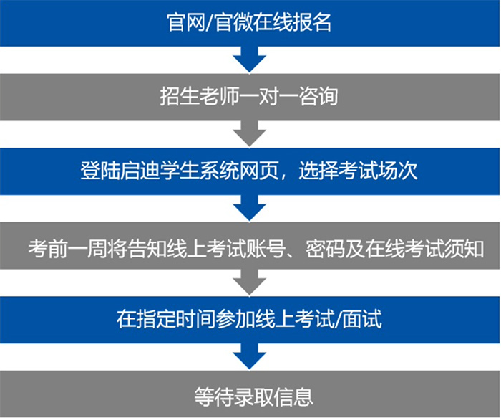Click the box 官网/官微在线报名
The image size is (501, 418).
[x=250, y=23]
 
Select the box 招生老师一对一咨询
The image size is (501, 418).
[x=250, y=97]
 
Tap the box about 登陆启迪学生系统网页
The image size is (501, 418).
[x=250, y=172]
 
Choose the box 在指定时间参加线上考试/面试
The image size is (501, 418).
[x=250, y=318]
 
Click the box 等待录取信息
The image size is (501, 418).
[x=250, y=394]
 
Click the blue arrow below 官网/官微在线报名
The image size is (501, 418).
[x=250, y=58]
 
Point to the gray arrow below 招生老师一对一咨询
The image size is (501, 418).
[x=250, y=133]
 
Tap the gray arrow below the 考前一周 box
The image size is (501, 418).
[x=250, y=282]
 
